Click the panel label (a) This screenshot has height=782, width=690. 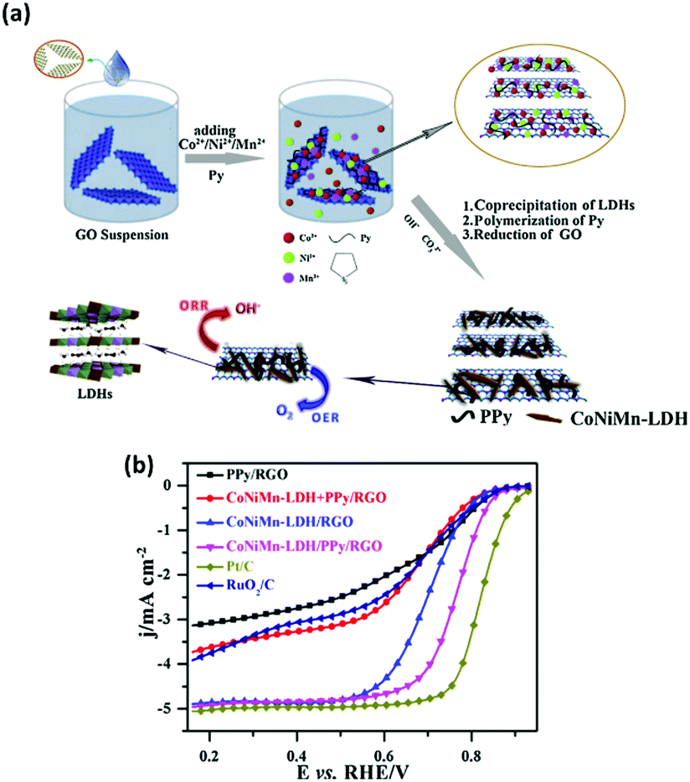pos(18,14)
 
